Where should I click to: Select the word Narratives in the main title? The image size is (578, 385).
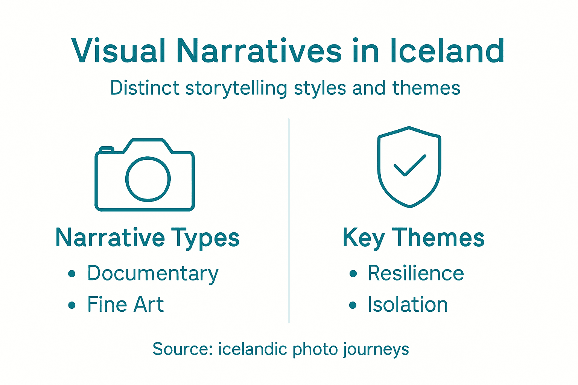click(x=259, y=51)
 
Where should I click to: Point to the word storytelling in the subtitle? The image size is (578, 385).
click(x=236, y=89)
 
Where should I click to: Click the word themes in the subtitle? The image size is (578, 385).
click(x=426, y=88)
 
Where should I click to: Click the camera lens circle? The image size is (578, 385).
click(x=148, y=179)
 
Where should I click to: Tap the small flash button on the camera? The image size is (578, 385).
click(x=106, y=150)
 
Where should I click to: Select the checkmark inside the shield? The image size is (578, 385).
click(x=409, y=165)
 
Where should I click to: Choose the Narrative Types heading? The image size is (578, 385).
click(x=148, y=238)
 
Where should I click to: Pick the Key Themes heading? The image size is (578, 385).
click(x=413, y=238)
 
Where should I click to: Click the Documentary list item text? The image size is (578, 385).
click(x=152, y=274)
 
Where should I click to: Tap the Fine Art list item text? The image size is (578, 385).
click(x=125, y=304)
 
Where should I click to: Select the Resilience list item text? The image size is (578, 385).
click(x=415, y=273)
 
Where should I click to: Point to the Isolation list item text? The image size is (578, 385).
click(x=408, y=304)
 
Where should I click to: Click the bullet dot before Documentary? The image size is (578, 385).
click(x=72, y=274)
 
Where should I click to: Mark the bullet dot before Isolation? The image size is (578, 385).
click(x=353, y=305)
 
